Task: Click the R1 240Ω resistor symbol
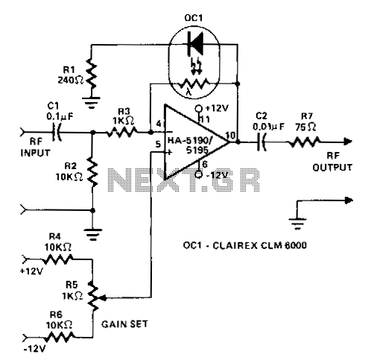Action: [92, 73]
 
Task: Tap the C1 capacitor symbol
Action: [57, 132]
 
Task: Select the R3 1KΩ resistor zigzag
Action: [122, 132]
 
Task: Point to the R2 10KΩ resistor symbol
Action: [92, 171]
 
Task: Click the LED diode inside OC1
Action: [195, 44]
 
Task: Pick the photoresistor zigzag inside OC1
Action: [194, 83]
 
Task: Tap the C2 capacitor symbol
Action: [261, 142]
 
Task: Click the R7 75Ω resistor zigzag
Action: [304, 142]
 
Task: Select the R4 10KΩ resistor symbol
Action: [57, 259]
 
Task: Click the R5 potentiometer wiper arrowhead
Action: [103, 297]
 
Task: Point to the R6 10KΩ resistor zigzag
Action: [60, 338]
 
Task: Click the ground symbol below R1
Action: [92, 102]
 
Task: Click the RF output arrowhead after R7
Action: [348, 142]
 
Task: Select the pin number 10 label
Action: [230, 136]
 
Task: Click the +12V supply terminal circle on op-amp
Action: [198, 108]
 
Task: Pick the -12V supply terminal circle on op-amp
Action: [198, 174]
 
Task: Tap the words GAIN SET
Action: [124, 324]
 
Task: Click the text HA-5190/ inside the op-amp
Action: [191, 141]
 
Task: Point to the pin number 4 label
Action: [159, 124]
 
